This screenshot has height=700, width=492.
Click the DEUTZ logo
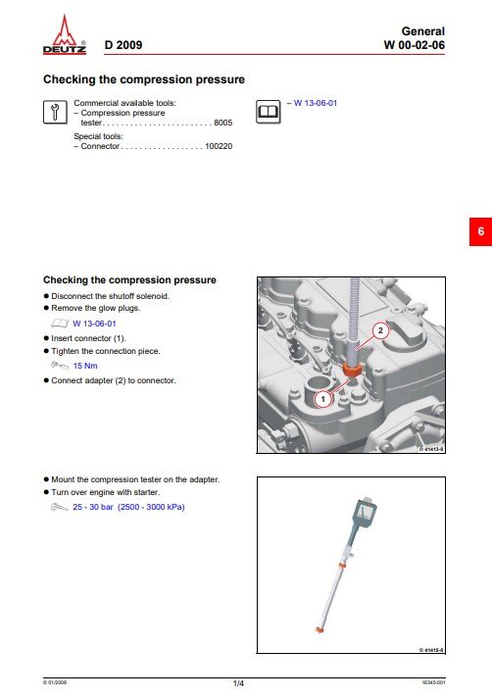point(65,35)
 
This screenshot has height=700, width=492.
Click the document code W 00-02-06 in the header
point(414,45)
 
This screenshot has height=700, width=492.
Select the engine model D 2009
point(123,45)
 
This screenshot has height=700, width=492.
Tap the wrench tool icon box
point(55,112)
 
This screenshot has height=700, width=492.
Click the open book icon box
point(269,112)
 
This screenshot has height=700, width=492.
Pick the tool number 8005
point(223,123)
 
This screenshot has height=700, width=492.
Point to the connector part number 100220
point(219,146)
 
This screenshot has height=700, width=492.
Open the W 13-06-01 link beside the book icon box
point(316,103)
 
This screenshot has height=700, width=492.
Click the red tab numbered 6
point(480,231)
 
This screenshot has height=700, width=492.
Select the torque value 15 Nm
point(85,366)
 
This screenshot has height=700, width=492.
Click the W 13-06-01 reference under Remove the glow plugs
point(94,324)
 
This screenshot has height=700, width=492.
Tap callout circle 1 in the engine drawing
point(323,399)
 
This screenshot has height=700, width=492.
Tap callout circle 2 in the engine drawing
point(380,330)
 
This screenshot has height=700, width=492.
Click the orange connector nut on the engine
point(352,370)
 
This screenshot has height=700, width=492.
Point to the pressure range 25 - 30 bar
point(93,507)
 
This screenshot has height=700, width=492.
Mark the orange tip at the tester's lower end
point(320,630)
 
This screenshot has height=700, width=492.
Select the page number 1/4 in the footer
point(238,683)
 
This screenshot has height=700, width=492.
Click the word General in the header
point(423,31)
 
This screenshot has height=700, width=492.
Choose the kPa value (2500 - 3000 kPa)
point(151,507)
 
